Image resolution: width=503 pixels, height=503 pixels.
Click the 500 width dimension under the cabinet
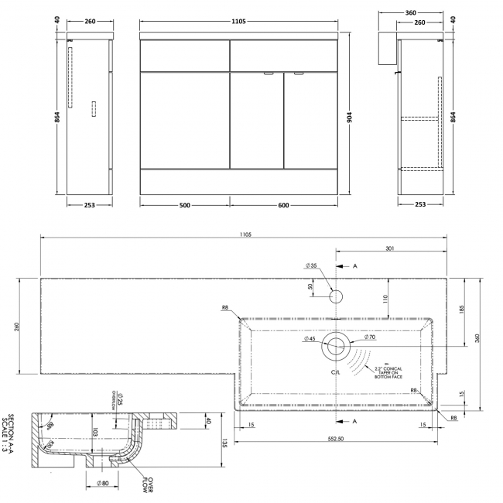pos(184,204)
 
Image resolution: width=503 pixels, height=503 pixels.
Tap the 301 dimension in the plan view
pos(389,249)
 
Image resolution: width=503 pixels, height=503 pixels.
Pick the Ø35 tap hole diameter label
pos(312,265)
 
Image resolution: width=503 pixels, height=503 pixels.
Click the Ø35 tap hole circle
pos(337,296)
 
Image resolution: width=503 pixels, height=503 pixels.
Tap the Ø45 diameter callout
pos(309,339)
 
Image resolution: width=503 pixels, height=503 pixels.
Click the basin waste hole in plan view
pos(337,346)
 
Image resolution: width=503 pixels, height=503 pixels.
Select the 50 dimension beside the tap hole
pos(310,286)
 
